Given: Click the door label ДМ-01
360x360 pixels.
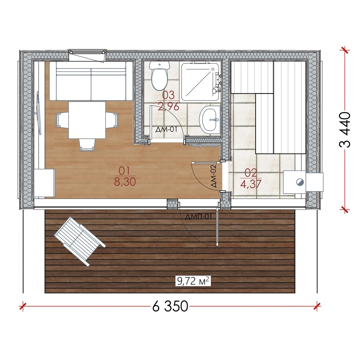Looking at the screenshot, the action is pyautogui.click(x=166, y=129).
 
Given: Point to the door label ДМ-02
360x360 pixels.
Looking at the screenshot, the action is pyautogui.click(x=213, y=176).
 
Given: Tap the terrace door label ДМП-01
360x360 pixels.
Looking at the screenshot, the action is pyautogui.click(x=198, y=217).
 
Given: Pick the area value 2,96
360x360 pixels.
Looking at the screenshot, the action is pyautogui.click(x=169, y=107).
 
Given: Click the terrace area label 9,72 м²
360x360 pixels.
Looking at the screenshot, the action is pyautogui.click(x=193, y=286).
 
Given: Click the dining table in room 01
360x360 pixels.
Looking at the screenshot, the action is pyautogui.click(x=87, y=120).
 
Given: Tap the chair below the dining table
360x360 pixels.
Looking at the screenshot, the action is pyautogui.click(x=87, y=145).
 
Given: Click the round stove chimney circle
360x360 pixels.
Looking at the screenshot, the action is pyautogui.click(x=300, y=182).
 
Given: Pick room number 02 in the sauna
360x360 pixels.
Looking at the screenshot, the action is pyautogui.click(x=251, y=173).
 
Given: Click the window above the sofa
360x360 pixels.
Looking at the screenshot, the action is pyautogui.click(x=87, y=55).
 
